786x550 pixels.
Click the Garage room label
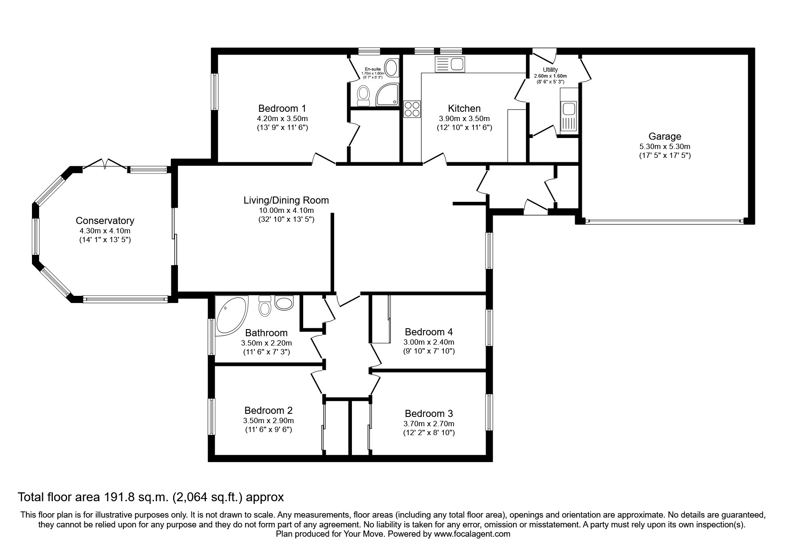point(664,136)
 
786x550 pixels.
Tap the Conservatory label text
point(105,220)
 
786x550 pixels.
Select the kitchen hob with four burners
point(412,109)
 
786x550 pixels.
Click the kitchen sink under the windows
point(450,65)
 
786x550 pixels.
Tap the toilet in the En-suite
point(363,95)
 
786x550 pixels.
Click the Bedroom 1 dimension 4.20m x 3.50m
point(282,118)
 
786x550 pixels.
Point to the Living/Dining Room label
point(286,200)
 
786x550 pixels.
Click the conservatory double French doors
point(106,164)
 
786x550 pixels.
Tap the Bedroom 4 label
point(428,332)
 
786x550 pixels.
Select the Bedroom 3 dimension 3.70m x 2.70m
point(428,424)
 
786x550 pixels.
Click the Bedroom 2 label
point(268,410)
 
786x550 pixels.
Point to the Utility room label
point(550,70)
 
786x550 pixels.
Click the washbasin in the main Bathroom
point(284,302)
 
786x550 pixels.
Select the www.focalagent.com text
point(472,534)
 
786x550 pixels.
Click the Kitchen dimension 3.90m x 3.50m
point(464,118)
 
